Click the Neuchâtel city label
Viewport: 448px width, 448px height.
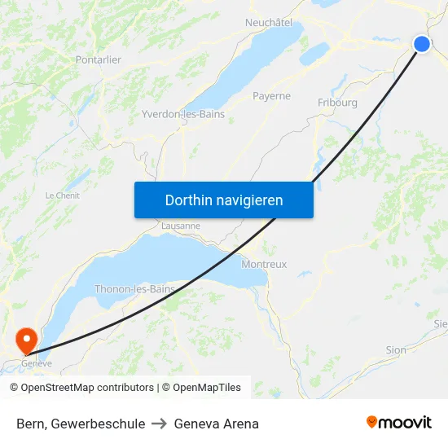tap(269, 23)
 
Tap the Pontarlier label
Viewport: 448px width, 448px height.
tap(98, 59)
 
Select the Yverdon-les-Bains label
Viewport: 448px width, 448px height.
tap(183, 114)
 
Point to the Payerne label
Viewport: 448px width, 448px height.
tap(271, 96)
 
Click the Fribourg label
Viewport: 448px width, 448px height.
tap(337, 103)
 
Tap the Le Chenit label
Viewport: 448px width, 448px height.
tap(62, 195)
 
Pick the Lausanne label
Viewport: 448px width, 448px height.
tap(181, 226)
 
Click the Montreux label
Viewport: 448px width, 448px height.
tap(264, 265)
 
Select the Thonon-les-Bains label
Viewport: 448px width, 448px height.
tap(135, 289)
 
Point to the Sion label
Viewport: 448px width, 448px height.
tap(396, 350)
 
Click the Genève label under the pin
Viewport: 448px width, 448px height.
tap(36, 363)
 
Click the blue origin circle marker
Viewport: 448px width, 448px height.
tap(422, 44)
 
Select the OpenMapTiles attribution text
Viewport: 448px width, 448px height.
tap(201, 388)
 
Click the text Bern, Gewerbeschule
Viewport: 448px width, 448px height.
tap(81, 424)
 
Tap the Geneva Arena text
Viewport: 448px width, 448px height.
tap(217, 424)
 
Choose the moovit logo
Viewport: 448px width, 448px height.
tap(398, 422)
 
